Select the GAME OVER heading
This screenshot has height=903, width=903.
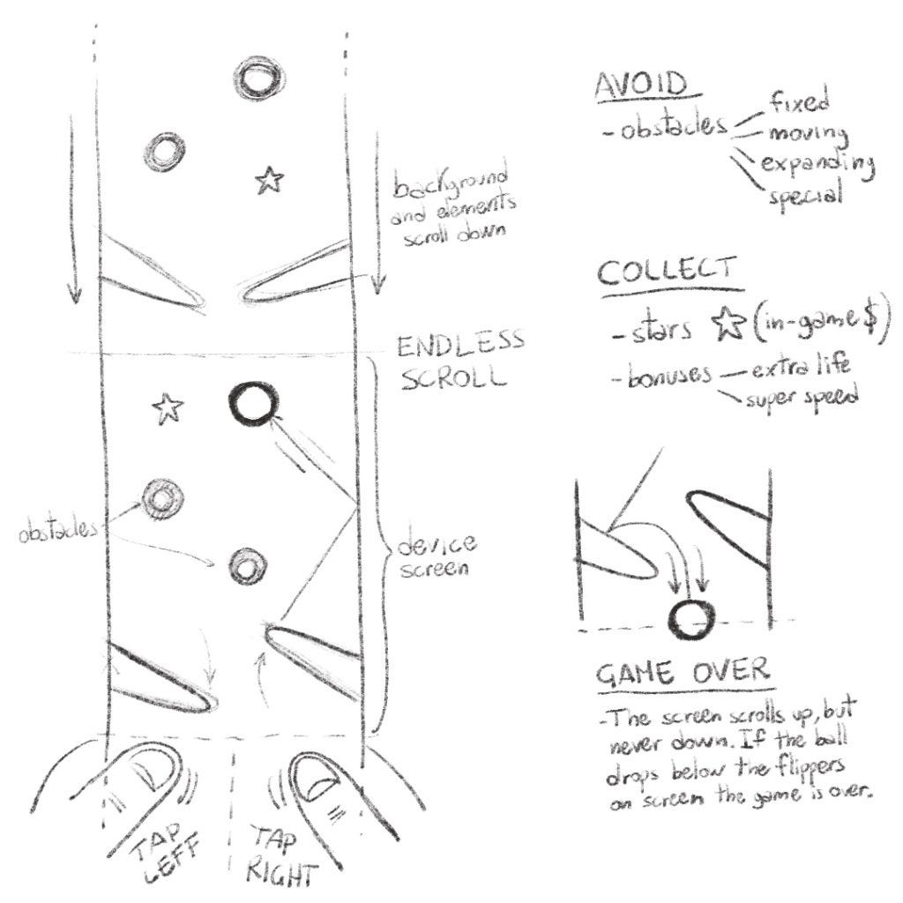coord(682,673)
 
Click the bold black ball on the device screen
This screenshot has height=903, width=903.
coord(251,405)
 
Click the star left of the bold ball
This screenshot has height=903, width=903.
coord(168,407)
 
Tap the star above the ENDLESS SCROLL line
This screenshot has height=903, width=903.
coord(270,181)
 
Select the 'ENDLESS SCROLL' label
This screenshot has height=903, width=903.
coord(459,358)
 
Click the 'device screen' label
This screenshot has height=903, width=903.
coord(436,556)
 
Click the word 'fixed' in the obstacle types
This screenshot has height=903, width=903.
coord(799,103)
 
